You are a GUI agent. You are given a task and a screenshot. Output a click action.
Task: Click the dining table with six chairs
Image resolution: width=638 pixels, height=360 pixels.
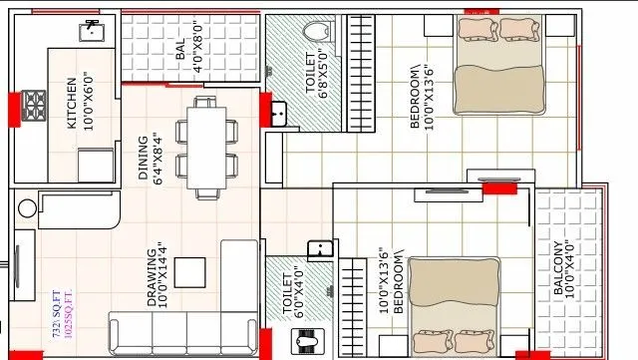point(205,147)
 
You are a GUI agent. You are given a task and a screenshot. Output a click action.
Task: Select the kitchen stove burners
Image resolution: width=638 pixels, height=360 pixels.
point(34,104)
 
